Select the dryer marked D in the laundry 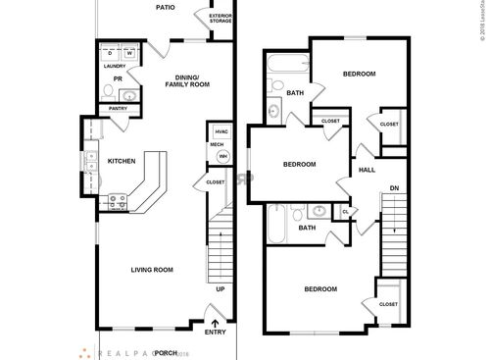coord(111,53)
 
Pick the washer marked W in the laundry coord(127,53)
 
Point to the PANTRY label coord(119,109)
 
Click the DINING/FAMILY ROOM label coord(181,80)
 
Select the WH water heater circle coord(222,156)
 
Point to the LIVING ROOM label coord(152,270)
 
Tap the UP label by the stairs coord(220,290)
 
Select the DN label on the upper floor coord(394,187)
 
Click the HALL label coord(367,170)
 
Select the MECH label coord(217,145)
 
